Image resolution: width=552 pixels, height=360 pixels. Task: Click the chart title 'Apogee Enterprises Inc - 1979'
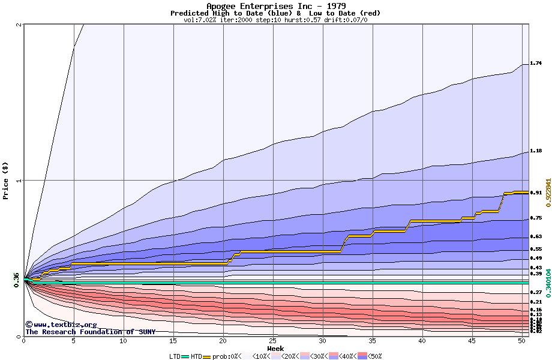pos(275,6)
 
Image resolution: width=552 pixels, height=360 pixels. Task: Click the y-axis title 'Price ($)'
pos(6,180)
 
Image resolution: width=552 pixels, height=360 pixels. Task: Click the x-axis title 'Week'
pos(275,349)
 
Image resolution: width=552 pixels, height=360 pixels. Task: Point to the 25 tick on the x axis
pos(273,341)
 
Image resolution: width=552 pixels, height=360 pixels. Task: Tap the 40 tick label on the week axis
pos(422,341)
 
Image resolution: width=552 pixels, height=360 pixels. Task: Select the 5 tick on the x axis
pos(74,341)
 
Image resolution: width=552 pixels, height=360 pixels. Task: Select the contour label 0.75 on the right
pos(536,218)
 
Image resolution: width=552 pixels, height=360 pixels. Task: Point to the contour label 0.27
pos(536,292)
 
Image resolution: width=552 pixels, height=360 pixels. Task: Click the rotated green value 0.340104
pos(548,284)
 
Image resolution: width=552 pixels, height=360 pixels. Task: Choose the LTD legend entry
pos(175,356)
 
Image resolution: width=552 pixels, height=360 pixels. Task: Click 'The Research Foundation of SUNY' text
pos(90,332)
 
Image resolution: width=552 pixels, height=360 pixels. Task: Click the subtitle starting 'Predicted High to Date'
pos(275,13)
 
